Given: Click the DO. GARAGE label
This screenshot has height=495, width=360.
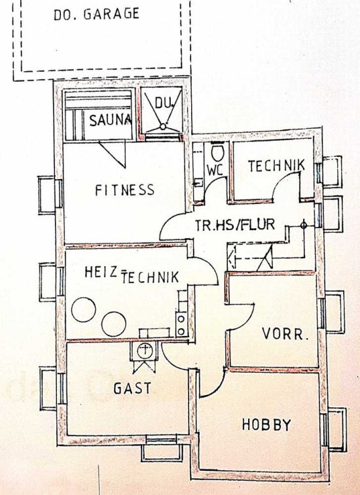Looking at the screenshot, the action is tap(96, 14).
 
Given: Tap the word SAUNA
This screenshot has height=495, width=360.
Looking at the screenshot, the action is tap(111, 120).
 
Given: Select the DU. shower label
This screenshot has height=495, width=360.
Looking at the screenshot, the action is tap(164, 103).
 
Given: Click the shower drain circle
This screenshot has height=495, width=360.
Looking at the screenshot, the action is tap(163, 127).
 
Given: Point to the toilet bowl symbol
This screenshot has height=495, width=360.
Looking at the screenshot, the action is tap(217, 152).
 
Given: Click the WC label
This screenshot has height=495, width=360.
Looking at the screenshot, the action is tap(215, 171).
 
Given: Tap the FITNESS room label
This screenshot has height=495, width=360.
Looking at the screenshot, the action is tap(125, 190).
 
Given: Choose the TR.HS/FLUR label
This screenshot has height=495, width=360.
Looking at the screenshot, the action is tap(235, 225).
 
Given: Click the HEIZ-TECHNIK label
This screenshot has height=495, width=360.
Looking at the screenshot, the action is tap(132, 275).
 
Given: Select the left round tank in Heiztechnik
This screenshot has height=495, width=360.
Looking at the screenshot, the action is tap(83, 309).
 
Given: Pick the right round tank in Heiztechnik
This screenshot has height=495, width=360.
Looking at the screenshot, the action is tap(114, 324).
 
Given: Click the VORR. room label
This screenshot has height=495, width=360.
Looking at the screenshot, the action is tap(285, 334).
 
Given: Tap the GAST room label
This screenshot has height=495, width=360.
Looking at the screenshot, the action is tap(132, 388).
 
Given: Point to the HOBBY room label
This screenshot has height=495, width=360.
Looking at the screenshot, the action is tap(266, 424).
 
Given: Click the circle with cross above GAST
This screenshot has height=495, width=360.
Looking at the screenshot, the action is tap(145, 350).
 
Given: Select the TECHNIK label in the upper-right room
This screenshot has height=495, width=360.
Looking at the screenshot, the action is tap(276, 165).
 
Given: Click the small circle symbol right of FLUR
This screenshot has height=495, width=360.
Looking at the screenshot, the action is tap(304, 225).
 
